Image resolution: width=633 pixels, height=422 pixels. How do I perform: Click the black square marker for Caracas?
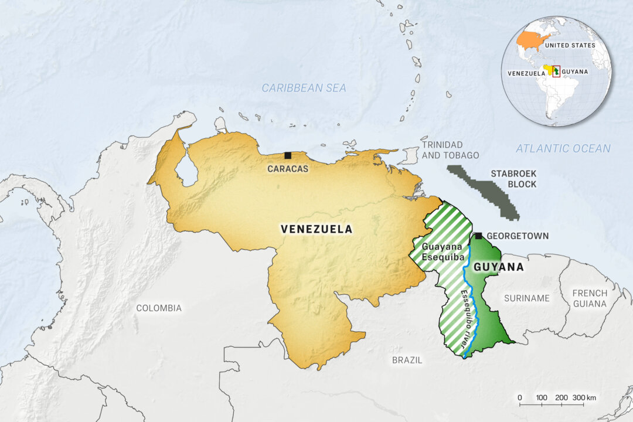[x=288, y=155]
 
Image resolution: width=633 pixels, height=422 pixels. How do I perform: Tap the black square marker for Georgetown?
[x=478, y=236]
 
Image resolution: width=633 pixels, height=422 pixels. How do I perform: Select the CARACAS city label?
[x=288, y=168]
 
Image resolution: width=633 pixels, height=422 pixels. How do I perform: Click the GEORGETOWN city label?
[x=518, y=236]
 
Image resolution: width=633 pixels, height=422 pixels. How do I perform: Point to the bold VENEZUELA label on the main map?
[x=316, y=229]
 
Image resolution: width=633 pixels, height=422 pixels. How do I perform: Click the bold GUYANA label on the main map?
[x=498, y=267]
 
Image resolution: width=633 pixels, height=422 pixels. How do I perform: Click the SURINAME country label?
[x=527, y=298]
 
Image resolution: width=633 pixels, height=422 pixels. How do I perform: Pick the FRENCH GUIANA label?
[x=590, y=298]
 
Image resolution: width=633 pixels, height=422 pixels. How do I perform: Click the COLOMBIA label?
[x=159, y=308]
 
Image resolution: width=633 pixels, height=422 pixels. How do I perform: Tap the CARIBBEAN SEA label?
[x=304, y=88]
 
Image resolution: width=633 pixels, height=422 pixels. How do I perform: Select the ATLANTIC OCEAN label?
[x=563, y=149]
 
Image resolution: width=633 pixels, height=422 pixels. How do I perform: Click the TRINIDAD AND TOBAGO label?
[x=450, y=149]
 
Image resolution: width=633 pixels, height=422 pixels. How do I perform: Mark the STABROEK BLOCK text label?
[x=513, y=179]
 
